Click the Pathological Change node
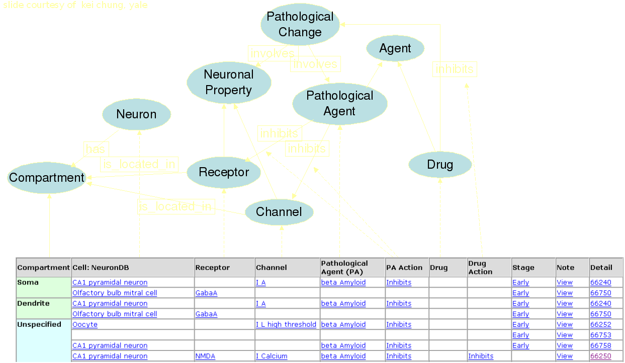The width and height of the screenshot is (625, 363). (x=300, y=25)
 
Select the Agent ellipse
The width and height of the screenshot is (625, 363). (x=395, y=49)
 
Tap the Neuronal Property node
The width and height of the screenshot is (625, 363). (x=229, y=83)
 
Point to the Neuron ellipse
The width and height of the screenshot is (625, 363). (x=136, y=114)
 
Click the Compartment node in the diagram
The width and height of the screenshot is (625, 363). (x=47, y=178)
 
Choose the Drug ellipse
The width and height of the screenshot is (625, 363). (x=440, y=165)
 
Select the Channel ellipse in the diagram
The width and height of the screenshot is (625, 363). (x=279, y=212)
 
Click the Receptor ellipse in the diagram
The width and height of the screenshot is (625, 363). (x=224, y=172)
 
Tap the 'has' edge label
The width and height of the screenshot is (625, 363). (x=96, y=149)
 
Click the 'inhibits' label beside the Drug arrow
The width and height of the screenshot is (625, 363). (x=455, y=69)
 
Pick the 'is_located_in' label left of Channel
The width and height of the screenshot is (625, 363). (x=175, y=206)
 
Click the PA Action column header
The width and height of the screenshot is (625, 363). (x=404, y=267)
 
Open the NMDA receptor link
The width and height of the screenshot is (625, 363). (x=205, y=356)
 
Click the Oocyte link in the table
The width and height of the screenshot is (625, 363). (x=85, y=324)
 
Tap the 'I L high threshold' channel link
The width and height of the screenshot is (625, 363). (x=286, y=324)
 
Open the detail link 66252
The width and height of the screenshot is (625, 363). (x=600, y=324)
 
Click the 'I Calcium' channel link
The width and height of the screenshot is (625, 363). (x=272, y=356)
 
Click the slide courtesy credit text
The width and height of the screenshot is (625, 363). (x=75, y=6)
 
